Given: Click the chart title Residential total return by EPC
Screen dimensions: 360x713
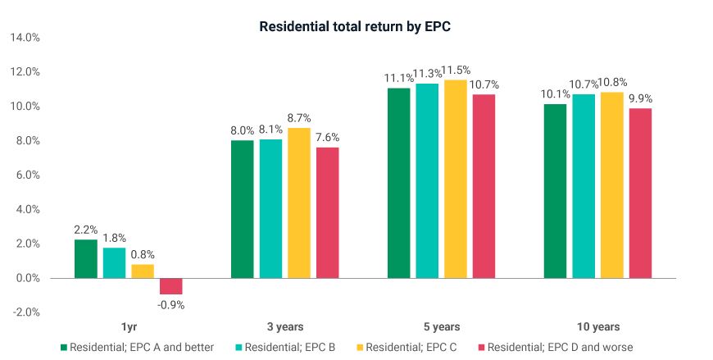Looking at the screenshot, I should point(356,26).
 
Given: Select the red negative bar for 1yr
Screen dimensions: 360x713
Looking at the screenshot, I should point(171,286).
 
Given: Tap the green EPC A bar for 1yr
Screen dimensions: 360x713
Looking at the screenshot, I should point(85,259).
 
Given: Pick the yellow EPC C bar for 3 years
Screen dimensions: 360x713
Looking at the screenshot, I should point(299,203).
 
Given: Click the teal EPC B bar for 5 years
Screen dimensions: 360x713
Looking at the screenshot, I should point(427,180).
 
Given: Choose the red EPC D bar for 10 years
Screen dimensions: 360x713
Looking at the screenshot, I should point(640,194).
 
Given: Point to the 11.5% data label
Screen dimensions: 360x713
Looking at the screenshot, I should point(456,71).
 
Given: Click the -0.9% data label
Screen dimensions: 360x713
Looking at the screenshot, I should point(171,305).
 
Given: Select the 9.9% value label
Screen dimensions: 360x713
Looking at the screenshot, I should point(640,98).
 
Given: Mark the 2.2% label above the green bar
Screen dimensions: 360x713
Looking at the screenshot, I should point(85,230).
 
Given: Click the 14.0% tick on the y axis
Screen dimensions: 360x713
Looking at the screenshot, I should point(26,38).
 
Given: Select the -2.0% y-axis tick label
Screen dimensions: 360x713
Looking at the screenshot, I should point(27,312).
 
